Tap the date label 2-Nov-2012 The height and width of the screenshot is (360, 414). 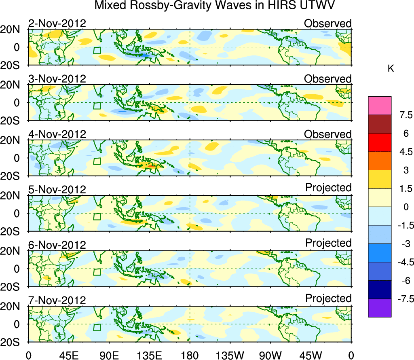tap(57, 23)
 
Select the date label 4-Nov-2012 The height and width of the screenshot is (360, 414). tap(57, 134)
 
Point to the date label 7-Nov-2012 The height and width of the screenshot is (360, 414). tap(57, 301)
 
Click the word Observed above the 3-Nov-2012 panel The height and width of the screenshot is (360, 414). tap(328, 79)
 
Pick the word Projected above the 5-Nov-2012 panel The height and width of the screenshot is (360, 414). tap(328, 188)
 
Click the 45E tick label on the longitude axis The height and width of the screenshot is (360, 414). tap(68, 355)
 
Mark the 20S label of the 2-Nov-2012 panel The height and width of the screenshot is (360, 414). tap(13, 66)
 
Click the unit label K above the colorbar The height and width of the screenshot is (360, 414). tap(391, 69)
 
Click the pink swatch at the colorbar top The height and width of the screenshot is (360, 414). tap(380, 106)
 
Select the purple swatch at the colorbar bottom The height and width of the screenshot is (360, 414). tap(380, 308)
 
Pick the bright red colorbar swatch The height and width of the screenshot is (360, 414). tap(380, 142)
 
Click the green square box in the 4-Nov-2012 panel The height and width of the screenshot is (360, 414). tap(97, 161)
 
